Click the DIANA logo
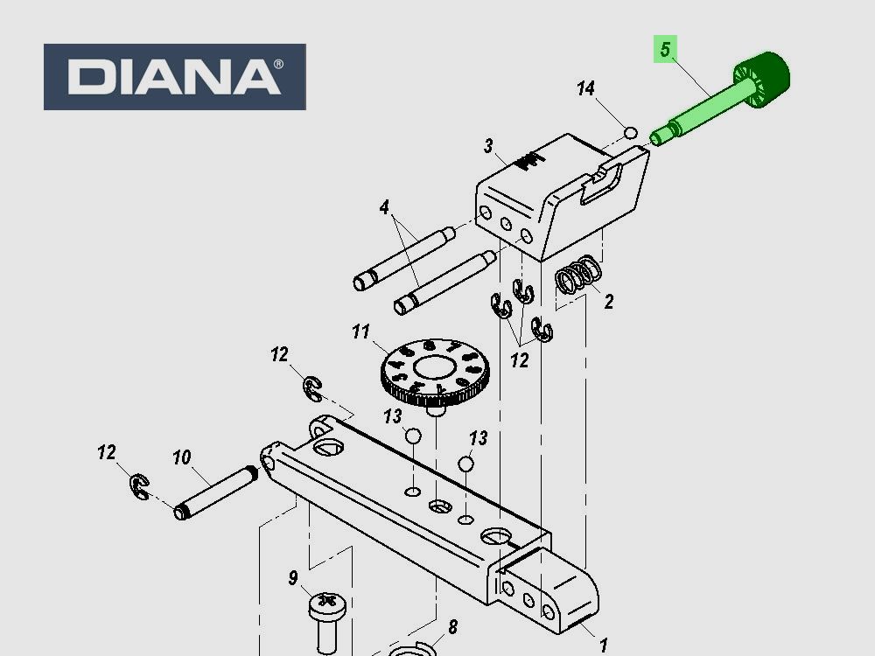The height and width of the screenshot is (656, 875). point(174,77)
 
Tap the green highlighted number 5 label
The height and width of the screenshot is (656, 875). point(665,50)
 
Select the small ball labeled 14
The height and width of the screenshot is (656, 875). point(629,133)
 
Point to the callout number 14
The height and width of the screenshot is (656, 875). point(585,88)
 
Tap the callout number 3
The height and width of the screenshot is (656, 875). point(488,145)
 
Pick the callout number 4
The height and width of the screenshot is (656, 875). point(384,207)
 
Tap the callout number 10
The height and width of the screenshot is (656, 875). point(181,457)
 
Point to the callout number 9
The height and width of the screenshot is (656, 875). point(293,577)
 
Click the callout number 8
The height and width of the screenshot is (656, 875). point(452,626)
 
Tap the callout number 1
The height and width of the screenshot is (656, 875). point(603,646)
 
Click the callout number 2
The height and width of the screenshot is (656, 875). point(608,302)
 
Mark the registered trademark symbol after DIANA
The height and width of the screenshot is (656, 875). point(278,65)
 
